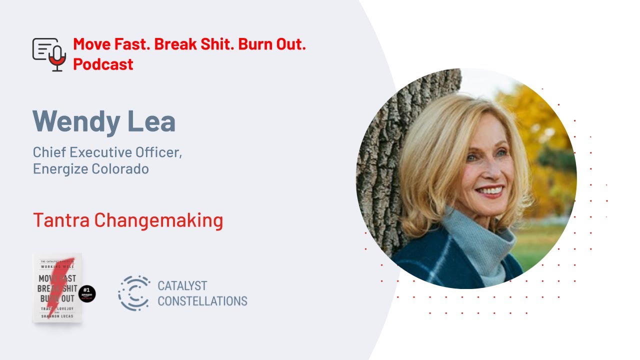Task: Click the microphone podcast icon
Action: [49, 54]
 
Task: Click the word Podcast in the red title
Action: [103, 64]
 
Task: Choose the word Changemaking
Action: [158, 220]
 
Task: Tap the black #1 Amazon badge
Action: [87, 294]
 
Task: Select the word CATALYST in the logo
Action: [182, 286]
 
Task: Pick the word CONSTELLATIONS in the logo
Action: [202, 301]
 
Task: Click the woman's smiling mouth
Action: [488, 191]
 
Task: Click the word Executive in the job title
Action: [100, 152]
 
